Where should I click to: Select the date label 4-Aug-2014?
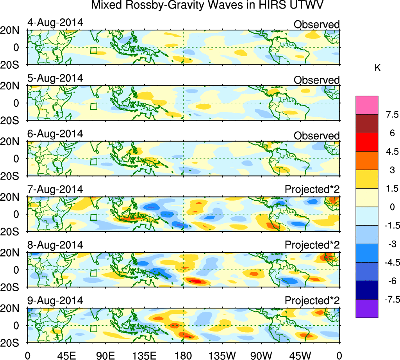[x=55, y=22]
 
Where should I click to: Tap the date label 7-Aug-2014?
[x=55, y=189]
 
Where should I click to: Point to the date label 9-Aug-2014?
[x=55, y=301]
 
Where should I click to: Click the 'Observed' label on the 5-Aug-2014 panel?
[x=317, y=80]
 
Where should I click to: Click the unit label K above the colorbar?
[x=377, y=68]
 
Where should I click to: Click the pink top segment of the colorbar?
[x=367, y=105]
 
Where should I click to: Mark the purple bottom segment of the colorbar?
[x=367, y=308]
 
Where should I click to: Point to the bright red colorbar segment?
[x=367, y=142]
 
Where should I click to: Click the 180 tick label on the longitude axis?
[x=184, y=355]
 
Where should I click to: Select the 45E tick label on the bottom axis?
[x=66, y=355]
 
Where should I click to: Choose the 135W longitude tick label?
[x=222, y=355]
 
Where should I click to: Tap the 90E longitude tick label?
[x=105, y=355]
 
